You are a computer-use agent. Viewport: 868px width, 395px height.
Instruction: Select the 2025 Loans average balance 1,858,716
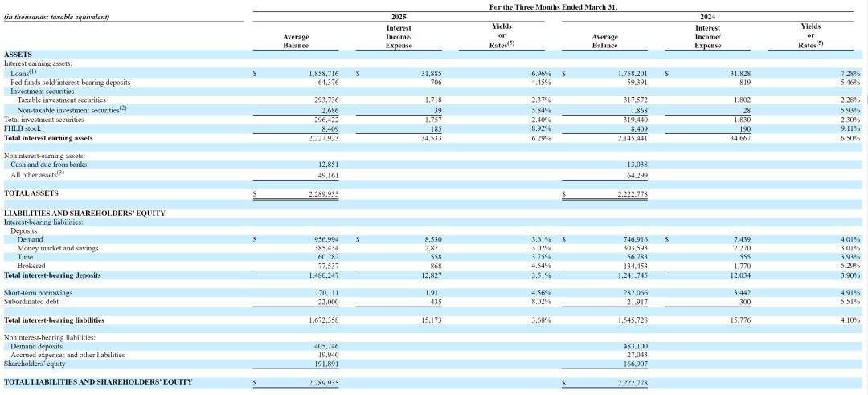click(323, 73)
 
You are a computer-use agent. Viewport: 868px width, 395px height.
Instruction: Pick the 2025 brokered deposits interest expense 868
click(435, 266)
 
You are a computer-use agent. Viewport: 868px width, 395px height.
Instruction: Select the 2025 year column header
click(399, 17)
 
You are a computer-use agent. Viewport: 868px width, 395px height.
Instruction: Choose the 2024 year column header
click(707, 17)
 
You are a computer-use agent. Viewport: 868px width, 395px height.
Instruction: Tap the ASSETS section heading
click(18, 55)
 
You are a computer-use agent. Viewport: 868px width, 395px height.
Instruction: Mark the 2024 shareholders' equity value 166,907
click(635, 364)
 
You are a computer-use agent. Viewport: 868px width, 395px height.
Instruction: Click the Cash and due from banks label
click(49, 165)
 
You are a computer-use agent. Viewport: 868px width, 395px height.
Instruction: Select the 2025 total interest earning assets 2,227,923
click(323, 138)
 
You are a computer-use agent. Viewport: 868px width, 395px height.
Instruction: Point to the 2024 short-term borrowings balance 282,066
click(635, 293)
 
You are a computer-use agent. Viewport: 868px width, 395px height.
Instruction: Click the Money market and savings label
click(58, 248)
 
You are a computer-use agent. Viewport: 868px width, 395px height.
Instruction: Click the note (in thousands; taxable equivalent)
click(56, 17)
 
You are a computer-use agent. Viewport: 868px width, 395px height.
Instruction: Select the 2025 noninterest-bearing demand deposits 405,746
click(326, 346)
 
